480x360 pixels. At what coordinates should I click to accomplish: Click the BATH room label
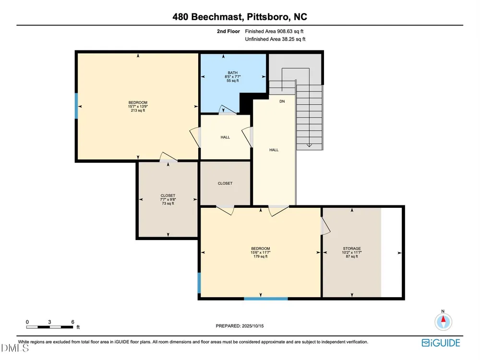tap(233, 73)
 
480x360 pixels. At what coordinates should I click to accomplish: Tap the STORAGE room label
tap(352, 249)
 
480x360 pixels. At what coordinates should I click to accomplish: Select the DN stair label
tap(282, 101)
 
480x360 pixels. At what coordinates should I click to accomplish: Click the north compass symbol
tap(443, 322)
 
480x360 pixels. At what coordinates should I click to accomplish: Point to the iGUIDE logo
tap(441, 343)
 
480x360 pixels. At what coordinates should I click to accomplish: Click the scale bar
tap(49, 327)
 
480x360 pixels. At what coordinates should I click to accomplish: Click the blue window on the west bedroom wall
tap(76, 106)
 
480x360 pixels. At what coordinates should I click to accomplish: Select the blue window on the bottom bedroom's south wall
tap(266, 299)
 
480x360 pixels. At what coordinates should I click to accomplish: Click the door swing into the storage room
tap(325, 227)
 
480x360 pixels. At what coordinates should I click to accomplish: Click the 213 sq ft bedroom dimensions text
tap(138, 107)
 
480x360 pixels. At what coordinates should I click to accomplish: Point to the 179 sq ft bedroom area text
tap(261, 256)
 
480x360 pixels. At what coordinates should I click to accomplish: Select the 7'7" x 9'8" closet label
tap(168, 200)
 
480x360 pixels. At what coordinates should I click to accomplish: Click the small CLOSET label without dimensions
tap(225, 183)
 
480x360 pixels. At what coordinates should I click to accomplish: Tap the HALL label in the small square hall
tap(225, 137)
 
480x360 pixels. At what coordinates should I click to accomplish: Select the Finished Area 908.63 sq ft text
tap(274, 31)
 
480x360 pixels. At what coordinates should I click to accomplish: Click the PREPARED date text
tap(240, 326)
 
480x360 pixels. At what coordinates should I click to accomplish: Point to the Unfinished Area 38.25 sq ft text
tap(275, 39)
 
